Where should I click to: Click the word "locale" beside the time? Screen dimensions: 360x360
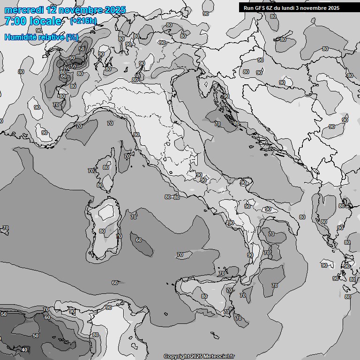click(x=46, y=21)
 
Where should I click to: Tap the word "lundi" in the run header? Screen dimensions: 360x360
click(x=295, y=7)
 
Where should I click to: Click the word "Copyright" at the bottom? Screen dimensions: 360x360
click(x=176, y=357)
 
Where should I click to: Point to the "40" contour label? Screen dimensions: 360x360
click(x=24, y=350)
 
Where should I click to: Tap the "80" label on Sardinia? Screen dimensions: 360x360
click(x=102, y=231)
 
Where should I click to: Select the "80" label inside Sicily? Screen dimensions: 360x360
click(x=204, y=296)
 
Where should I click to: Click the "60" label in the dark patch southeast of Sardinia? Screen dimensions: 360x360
click(x=138, y=240)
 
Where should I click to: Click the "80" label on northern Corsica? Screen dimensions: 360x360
click(x=106, y=167)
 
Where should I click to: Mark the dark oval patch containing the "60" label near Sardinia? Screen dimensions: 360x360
click(x=142, y=245)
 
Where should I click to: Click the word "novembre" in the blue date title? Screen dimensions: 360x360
click(x=80, y=10)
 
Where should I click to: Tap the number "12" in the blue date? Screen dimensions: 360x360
click(x=51, y=10)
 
